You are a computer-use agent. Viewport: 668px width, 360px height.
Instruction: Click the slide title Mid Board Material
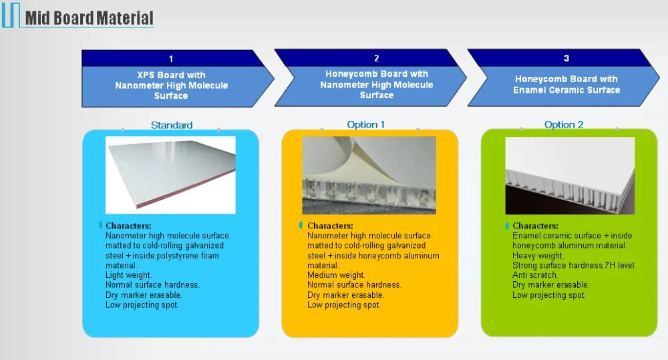89,18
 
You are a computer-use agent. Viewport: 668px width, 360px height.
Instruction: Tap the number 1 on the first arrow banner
171,59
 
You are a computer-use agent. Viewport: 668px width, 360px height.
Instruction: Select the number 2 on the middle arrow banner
377,58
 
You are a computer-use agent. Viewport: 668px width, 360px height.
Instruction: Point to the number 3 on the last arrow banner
566,58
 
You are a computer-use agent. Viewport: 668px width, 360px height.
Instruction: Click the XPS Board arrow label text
171,85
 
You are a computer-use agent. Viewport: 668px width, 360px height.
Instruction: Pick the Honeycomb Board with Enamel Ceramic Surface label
566,84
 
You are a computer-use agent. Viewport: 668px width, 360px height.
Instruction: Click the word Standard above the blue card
172,126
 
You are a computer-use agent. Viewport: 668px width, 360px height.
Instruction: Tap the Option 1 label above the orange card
365,124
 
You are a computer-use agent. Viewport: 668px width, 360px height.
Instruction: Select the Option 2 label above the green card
564,124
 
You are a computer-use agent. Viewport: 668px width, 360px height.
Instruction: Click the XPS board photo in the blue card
170,175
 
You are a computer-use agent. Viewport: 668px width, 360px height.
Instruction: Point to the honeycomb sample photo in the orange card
369,175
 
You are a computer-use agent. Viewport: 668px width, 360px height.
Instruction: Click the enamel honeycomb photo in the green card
570,176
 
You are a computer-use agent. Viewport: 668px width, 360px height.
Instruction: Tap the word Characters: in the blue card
128,226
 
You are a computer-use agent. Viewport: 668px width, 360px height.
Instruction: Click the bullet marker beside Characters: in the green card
507,226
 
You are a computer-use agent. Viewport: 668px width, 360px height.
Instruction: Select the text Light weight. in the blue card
129,275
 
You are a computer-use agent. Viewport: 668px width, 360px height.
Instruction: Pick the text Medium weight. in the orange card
336,275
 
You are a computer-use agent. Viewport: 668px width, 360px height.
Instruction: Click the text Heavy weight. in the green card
538,256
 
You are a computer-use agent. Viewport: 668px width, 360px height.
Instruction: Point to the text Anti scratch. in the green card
535,275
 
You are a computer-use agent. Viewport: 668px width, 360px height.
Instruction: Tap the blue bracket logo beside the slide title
11,15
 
